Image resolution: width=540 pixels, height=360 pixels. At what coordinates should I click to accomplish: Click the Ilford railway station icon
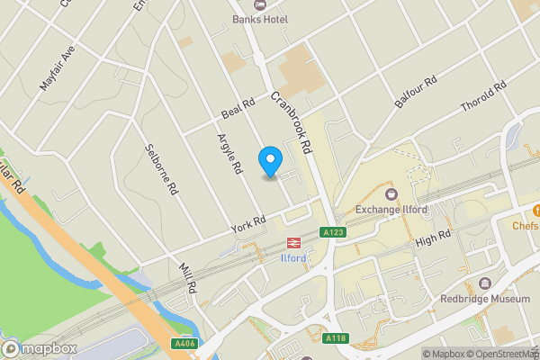pyautogui.click(x=293, y=243)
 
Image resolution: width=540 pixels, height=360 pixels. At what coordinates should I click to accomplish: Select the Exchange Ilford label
pyautogui.click(x=391, y=210)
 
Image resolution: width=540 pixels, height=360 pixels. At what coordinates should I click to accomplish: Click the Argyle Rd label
pyautogui.click(x=230, y=153)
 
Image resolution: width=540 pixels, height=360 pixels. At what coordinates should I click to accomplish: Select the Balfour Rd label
pyautogui.click(x=415, y=91)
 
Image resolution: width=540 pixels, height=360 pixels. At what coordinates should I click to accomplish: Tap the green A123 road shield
pyautogui.click(x=334, y=232)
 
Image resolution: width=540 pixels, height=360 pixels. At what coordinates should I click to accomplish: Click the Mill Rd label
pyautogui.click(x=187, y=279)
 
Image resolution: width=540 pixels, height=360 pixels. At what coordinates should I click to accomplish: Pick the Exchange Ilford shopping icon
pyautogui.click(x=391, y=193)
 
